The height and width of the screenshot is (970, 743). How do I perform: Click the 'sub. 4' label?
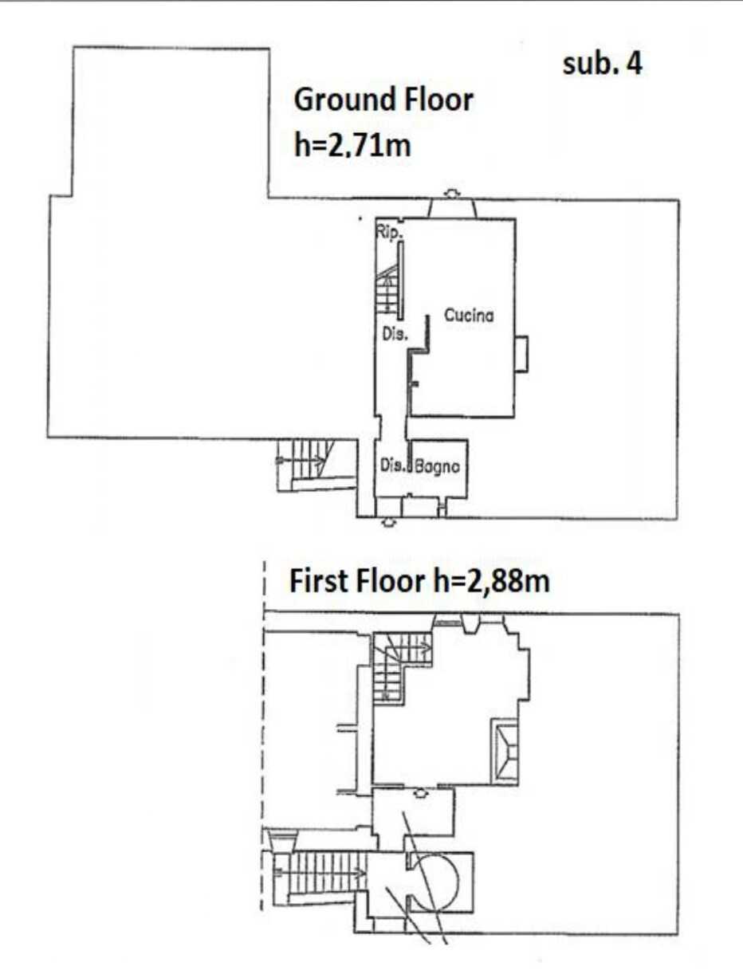coord(603,65)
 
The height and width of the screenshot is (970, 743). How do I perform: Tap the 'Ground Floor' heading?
coord(383,100)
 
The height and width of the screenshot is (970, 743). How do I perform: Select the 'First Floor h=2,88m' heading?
coord(419,581)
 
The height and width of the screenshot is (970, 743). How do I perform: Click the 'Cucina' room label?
coord(469,315)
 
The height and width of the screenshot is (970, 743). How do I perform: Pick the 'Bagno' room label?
coord(437,466)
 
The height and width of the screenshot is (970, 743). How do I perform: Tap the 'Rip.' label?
coord(389,232)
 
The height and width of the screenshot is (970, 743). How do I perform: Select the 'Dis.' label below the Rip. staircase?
coord(395,333)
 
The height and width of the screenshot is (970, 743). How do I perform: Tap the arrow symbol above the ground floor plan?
coord(452,194)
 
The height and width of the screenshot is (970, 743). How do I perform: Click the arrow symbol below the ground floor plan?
coord(388,521)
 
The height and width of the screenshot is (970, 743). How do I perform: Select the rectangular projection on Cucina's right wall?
coord(521,354)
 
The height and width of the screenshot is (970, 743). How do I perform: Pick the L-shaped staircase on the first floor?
coord(397,666)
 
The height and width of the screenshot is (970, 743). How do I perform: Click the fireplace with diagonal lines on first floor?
coord(505,752)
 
